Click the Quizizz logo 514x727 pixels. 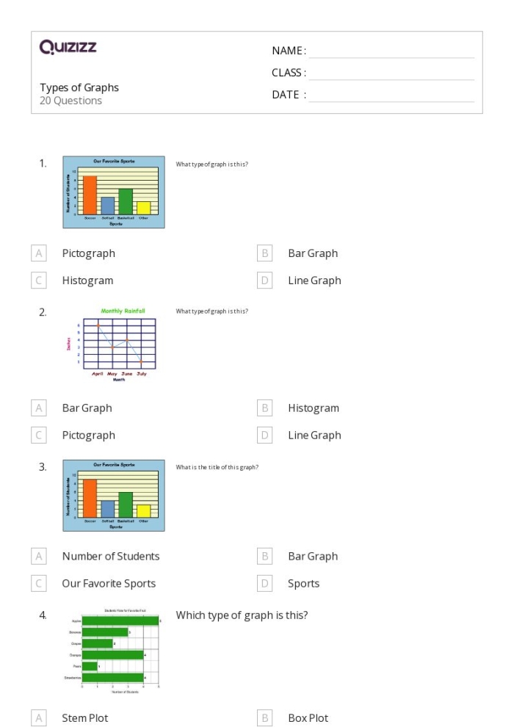click(x=68, y=48)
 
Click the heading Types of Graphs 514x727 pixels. click(x=79, y=87)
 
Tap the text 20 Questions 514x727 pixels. click(x=70, y=101)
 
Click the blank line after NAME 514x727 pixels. click(x=391, y=51)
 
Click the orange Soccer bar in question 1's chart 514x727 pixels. click(x=90, y=194)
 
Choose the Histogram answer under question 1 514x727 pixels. click(x=87, y=281)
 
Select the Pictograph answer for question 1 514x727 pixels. click(x=88, y=253)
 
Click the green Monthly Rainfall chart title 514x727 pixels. click(x=123, y=311)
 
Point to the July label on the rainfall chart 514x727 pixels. click(x=141, y=374)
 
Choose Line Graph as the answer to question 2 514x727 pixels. click(x=314, y=435)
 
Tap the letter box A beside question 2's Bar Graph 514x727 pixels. click(x=39, y=408)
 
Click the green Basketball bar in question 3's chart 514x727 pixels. click(x=126, y=504)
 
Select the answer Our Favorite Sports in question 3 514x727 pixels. click(x=109, y=584)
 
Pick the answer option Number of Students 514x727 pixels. click(x=110, y=557)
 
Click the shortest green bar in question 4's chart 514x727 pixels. click(x=90, y=666)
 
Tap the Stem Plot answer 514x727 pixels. click(x=84, y=718)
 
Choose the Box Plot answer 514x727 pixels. click(x=308, y=718)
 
